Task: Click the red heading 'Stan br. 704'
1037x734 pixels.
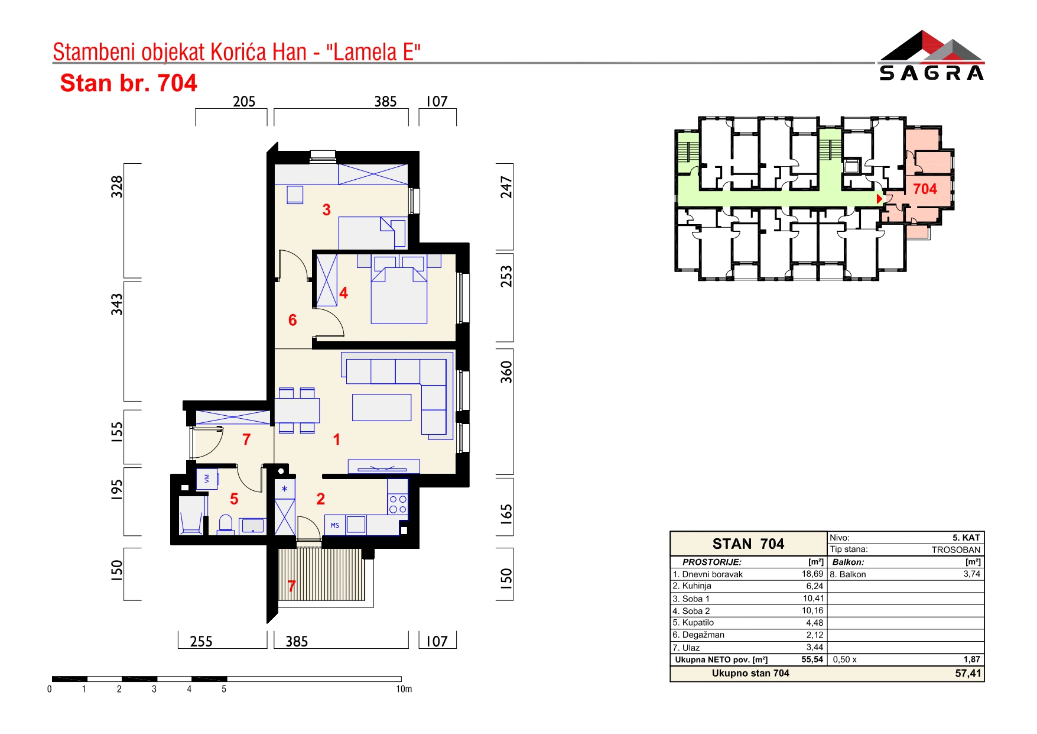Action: [128, 83]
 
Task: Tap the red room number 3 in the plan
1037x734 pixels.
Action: [327, 209]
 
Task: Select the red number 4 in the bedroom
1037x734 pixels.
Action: [344, 292]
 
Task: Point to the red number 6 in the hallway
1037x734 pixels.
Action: [292, 320]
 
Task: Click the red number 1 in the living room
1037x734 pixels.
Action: [336, 439]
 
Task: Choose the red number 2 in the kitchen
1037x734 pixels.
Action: [321, 499]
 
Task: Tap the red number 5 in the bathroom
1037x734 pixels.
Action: [234, 499]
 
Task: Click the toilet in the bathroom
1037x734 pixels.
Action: [225, 524]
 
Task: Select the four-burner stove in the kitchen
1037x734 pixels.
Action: [398, 504]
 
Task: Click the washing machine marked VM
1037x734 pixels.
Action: [207, 478]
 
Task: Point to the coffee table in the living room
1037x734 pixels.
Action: [382, 408]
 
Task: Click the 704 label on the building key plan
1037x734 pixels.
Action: [925, 189]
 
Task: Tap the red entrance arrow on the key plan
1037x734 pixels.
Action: [879, 199]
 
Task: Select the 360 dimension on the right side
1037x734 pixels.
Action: [506, 372]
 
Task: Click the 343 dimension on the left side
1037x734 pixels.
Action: [117, 304]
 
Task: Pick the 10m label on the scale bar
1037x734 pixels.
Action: [404, 689]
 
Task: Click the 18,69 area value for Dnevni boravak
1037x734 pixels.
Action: [812, 574]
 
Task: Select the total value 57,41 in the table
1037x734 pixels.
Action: [968, 673]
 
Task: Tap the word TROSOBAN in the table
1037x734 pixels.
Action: [956, 549]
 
